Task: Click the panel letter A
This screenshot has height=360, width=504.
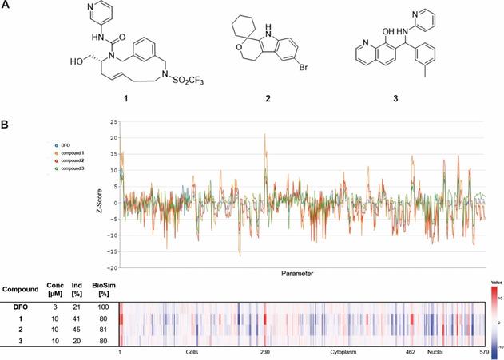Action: [x=6, y=6]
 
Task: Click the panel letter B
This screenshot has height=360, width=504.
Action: [x=6, y=125]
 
